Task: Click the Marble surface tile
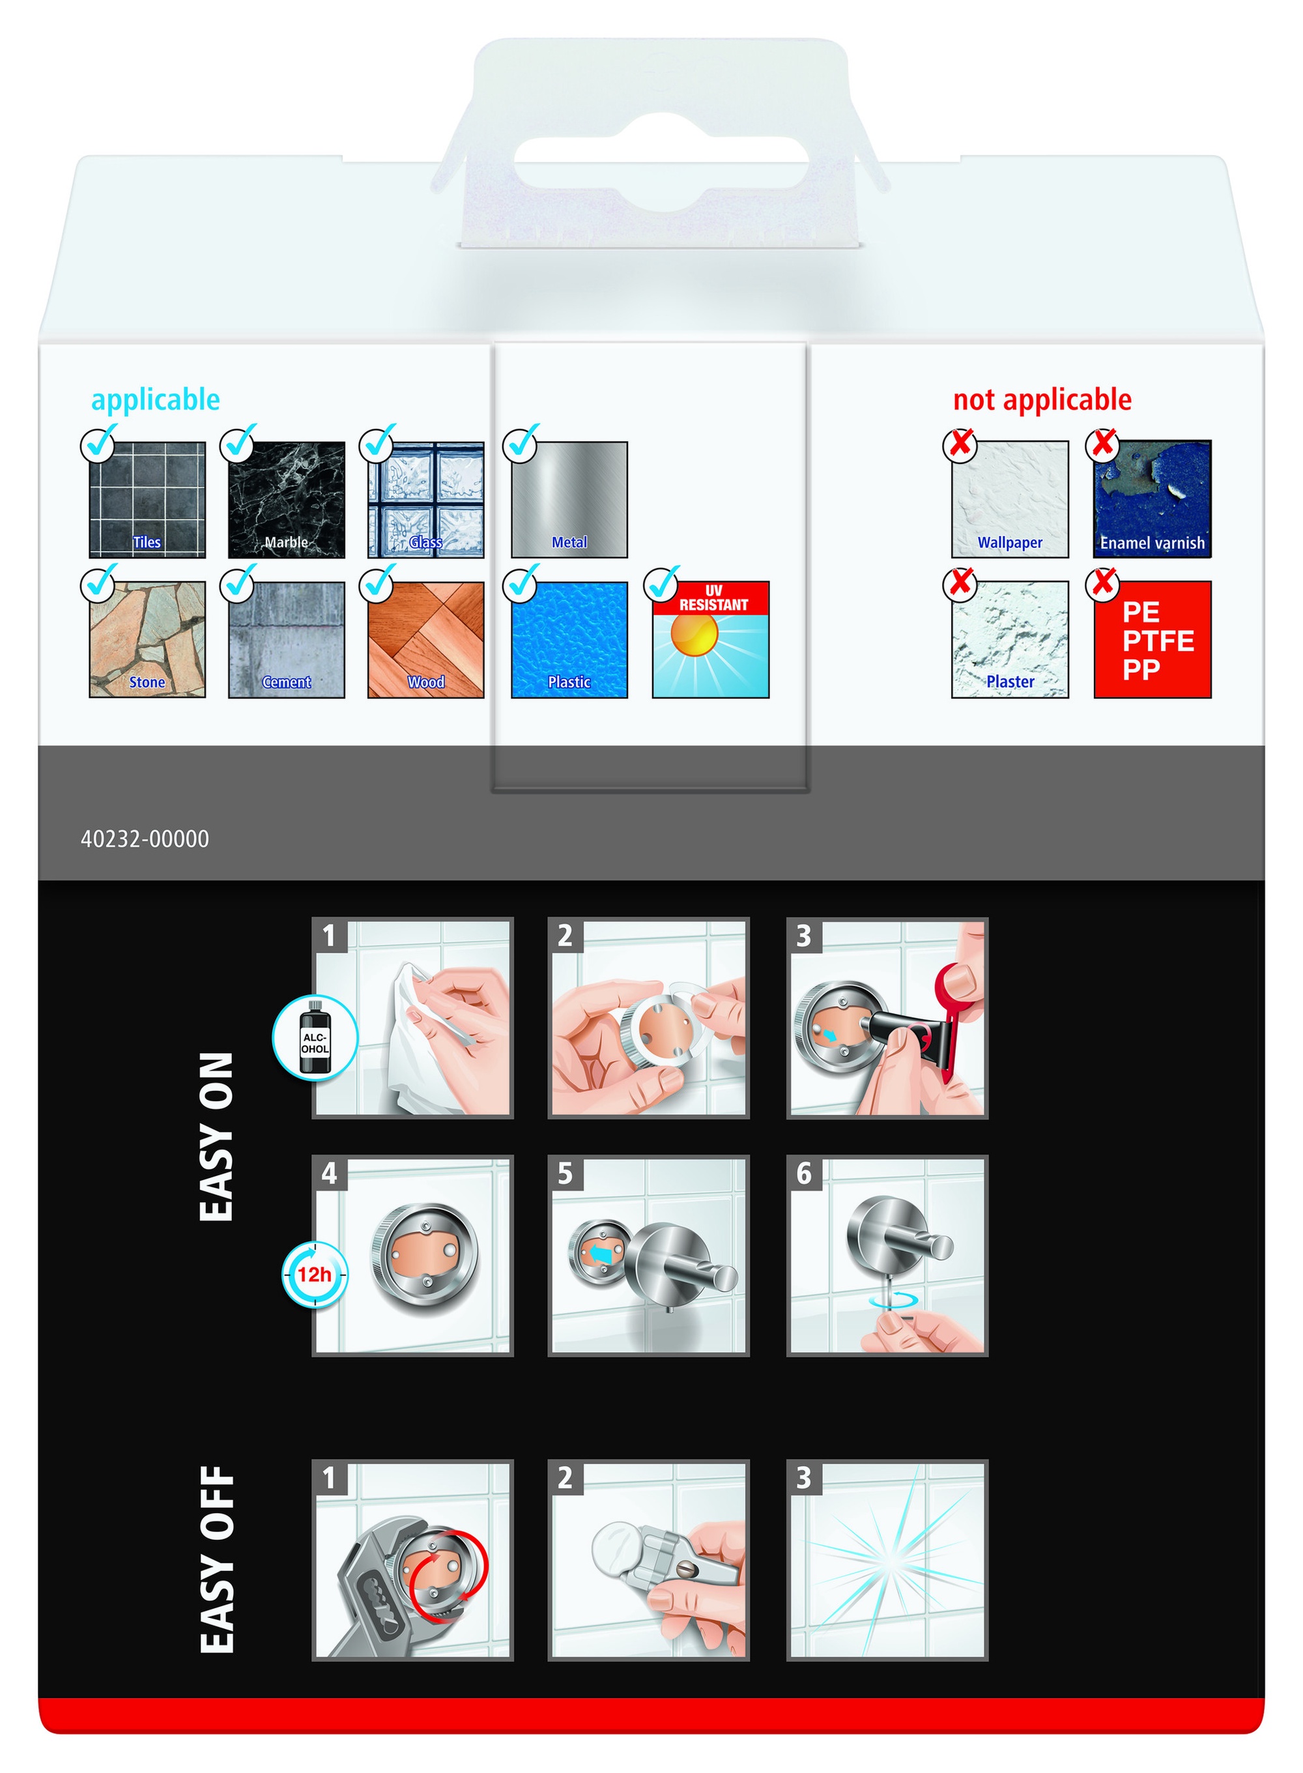[286, 499]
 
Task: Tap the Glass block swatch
[426, 499]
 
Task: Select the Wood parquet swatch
[426, 640]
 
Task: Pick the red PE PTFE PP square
[1153, 640]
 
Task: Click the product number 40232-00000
[145, 839]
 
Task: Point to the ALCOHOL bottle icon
[315, 1038]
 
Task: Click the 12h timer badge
[315, 1275]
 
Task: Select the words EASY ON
[217, 1136]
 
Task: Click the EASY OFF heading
[217, 1560]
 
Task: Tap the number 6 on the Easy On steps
[804, 1174]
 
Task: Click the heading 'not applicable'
[1042, 400]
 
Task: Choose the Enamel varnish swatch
[1153, 499]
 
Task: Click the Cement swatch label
[286, 682]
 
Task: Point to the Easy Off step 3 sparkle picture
[887, 1560]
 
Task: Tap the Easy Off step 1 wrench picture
[412, 1560]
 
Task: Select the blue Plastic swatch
[569, 640]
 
